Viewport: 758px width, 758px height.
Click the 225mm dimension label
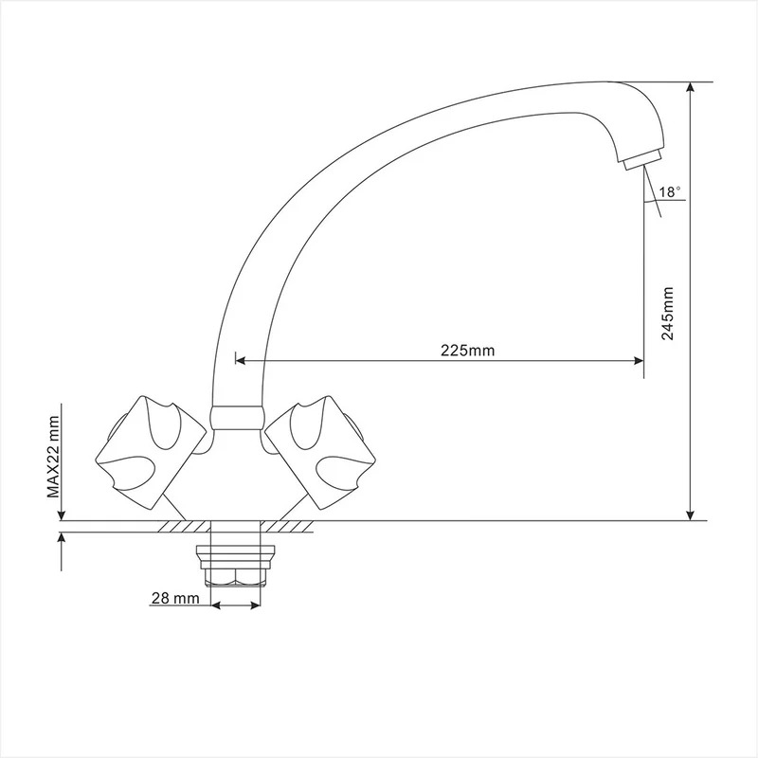click(467, 350)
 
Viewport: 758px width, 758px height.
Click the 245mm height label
click(668, 314)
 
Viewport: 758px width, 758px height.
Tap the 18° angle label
click(670, 192)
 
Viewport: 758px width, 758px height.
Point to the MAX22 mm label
click(53, 457)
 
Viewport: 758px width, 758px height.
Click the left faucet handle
click(151, 453)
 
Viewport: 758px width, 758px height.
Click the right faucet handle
click(320, 453)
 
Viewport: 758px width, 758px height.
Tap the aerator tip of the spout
click(642, 159)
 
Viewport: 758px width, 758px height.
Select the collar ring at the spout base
click(236, 418)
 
